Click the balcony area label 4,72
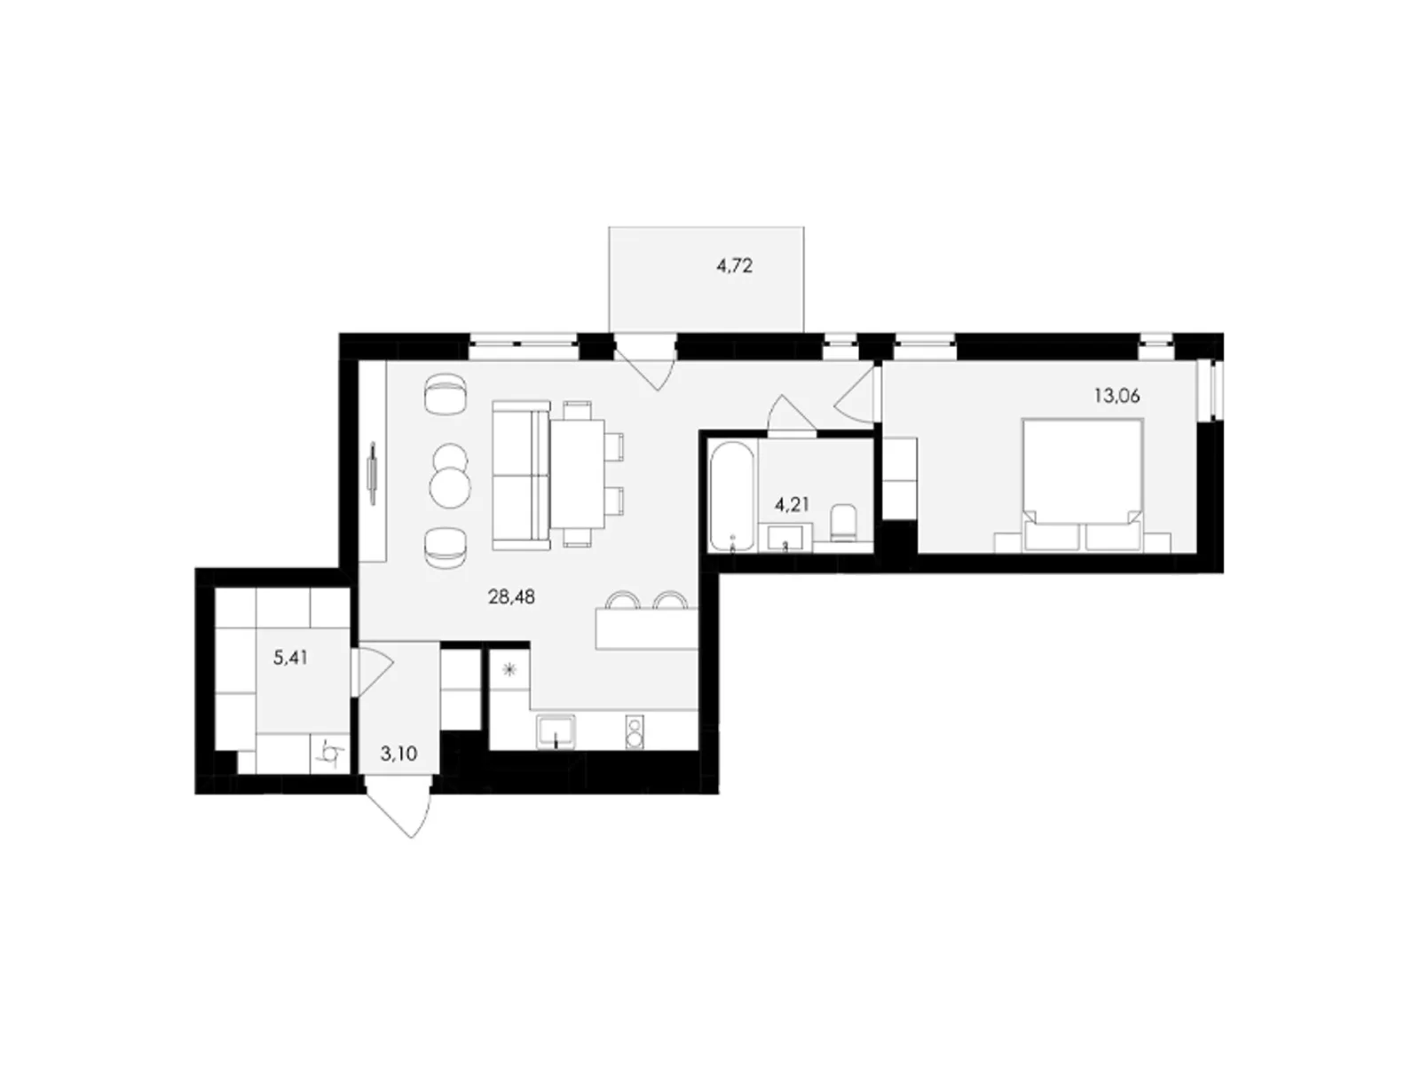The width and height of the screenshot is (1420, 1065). click(734, 265)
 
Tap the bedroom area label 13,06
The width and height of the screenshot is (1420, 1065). click(1116, 395)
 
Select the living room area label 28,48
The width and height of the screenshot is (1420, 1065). click(511, 596)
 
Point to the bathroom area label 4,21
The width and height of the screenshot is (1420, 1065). click(792, 504)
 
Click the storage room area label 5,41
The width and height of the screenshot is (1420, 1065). click(290, 659)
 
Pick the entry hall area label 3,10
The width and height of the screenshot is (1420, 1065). click(398, 753)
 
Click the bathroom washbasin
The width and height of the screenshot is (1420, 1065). click(785, 538)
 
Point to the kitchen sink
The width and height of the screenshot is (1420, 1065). click(556, 731)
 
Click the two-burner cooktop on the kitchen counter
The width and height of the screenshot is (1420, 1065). click(635, 731)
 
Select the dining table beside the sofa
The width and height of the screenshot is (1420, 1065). click(577, 473)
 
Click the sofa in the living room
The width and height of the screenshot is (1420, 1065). click(521, 476)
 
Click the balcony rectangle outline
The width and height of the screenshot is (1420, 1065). click(706, 280)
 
